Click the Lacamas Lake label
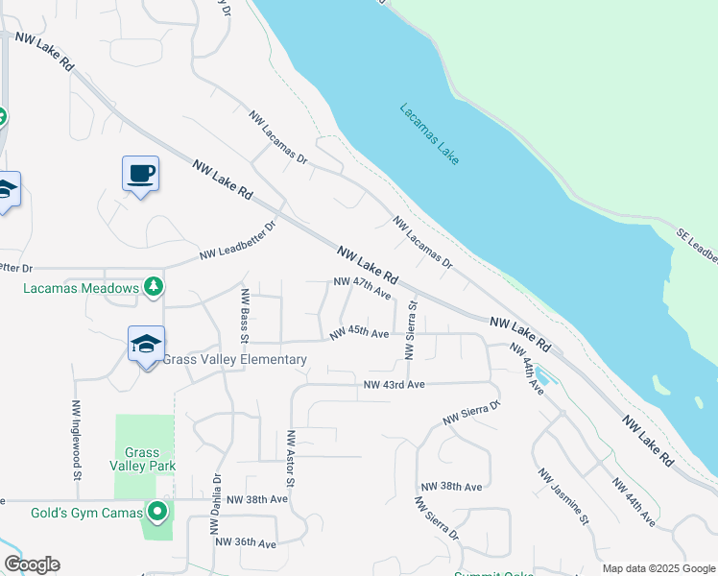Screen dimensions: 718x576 (x=429, y=133)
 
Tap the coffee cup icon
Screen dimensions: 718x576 (x=140, y=174)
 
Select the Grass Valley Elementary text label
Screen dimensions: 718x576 (x=235, y=360)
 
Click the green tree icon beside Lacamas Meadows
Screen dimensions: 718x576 (x=153, y=286)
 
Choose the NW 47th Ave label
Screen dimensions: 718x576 (x=363, y=285)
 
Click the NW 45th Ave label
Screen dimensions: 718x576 (x=359, y=333)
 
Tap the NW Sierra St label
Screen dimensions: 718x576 (x=412, y=331)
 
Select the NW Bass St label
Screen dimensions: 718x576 (x=246, y=316)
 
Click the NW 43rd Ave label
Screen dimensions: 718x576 (x=394, y=385)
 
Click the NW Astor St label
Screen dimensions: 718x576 (x=290, y=457)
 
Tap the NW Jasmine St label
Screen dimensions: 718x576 (x=562, y=497)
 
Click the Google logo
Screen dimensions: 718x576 (x=32, y=564)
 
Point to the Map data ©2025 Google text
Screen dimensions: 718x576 (x=658, y=568)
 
